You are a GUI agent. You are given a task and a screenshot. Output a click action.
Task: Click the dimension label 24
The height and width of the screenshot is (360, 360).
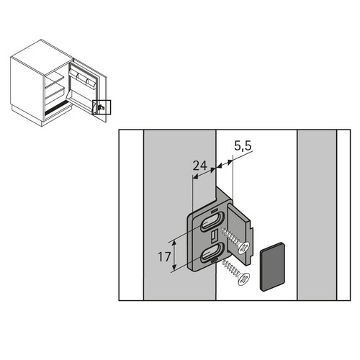point(199,166)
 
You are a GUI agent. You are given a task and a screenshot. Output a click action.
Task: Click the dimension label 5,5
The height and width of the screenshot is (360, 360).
point(243,145)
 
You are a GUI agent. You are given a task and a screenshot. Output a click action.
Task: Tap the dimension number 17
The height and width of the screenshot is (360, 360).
point(164,257)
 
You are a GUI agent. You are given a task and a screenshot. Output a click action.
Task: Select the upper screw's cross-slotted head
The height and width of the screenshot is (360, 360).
point(244,248)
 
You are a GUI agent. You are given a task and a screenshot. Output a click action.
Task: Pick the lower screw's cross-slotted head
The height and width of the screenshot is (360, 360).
point(243,279)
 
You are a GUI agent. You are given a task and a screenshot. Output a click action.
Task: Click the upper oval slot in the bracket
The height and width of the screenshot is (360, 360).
point(212,222)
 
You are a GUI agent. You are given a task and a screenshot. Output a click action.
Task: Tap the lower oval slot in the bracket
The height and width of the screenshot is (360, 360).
point(212,253)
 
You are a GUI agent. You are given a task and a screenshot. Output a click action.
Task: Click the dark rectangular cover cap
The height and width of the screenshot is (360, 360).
point(273,266)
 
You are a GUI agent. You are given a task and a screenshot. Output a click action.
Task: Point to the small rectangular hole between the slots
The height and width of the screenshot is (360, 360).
point(213,236)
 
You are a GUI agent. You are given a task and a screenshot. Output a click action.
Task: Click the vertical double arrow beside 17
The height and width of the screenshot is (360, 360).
point(174,256)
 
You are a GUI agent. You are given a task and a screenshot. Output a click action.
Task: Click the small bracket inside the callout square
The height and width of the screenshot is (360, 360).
point(100,107)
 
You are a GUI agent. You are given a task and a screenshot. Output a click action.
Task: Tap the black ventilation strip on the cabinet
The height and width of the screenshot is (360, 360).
point(57,107)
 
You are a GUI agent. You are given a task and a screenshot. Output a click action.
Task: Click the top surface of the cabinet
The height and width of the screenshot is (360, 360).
point(42,58)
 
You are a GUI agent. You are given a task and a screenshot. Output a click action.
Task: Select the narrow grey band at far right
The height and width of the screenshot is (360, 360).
point(317,215)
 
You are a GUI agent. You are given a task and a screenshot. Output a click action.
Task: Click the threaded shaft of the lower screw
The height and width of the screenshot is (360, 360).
point(230,267)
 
